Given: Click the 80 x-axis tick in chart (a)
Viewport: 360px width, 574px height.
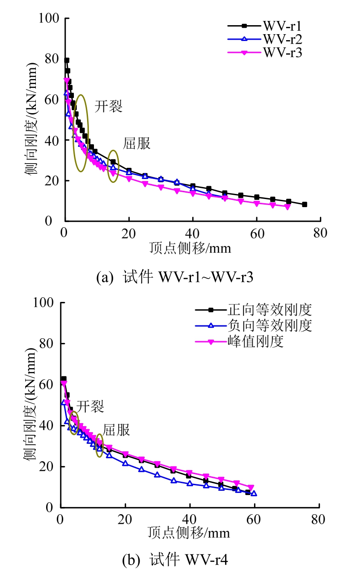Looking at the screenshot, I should click(x=320, y=233).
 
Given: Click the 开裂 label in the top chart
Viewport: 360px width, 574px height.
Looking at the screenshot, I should click(x=108, y=106).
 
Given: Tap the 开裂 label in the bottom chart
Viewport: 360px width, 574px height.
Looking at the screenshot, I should click(x=90, y=406).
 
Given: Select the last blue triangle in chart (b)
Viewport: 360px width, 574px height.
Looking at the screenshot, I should click(x=254, y=493).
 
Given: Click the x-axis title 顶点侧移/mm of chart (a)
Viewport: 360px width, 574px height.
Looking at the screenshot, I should click(x=190, y=248).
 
